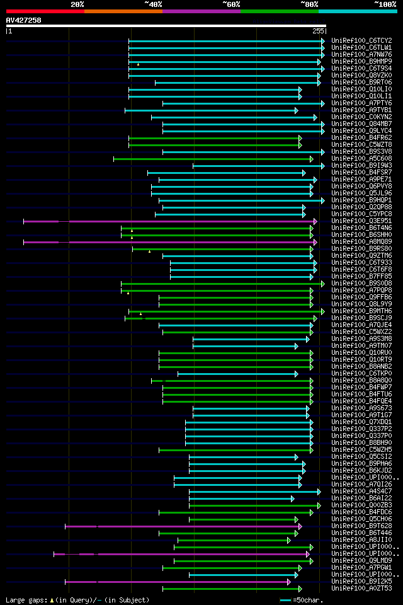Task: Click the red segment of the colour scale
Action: tap(45, 11)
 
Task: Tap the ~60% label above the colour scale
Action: tap(231, 4)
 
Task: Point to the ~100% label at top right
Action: tap(385, 4)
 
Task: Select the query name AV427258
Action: tap(23, 20)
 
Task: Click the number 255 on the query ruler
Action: tap(318, 30)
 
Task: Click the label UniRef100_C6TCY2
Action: tap(361, 40)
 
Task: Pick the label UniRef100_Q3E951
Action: tap(361, 221)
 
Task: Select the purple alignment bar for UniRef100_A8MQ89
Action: tap(170, 242)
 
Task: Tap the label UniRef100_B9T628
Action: tap(361, 526)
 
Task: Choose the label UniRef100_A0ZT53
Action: tap(361, 589)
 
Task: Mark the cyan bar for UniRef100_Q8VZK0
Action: tap(224, 76)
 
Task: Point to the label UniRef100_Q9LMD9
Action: tap(361, 561)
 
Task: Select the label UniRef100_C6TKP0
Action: tap(361, 374)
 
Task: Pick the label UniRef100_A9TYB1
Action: tap(361, 110)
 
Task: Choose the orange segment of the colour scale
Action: tap(123, 11)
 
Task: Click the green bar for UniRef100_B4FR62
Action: tap(215, 138)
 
